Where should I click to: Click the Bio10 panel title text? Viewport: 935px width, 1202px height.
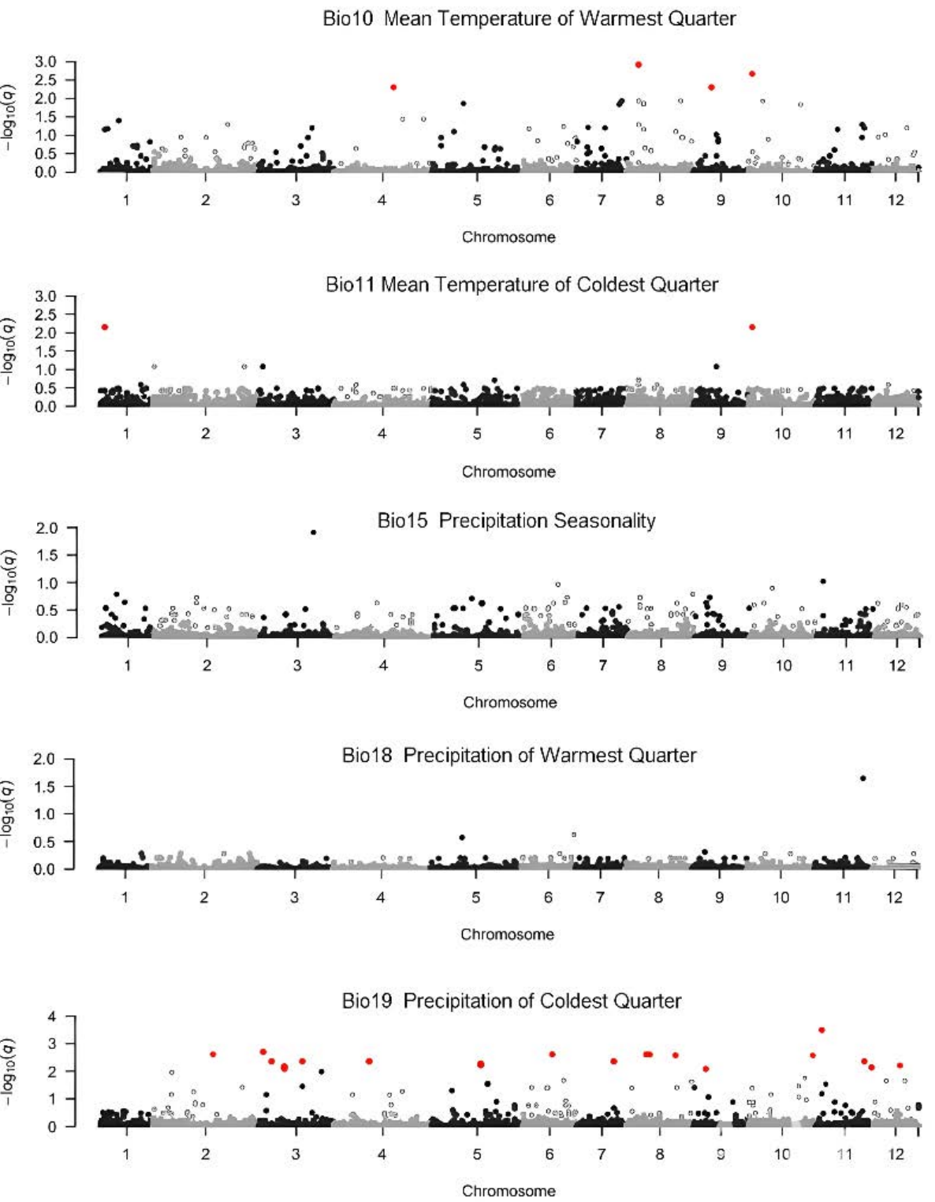tap(529, 18)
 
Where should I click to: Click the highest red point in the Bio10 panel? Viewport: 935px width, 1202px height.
tap(639, 65)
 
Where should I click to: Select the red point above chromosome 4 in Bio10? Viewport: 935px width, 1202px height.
tap(393, 88)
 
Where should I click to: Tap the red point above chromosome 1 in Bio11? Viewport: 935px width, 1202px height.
tap(104, 327)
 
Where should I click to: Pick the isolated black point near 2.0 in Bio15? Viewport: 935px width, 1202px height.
tap(314, 532)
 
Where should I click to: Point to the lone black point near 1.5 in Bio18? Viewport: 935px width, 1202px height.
tap(862, 778)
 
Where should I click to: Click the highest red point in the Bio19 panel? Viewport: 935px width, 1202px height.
tap(821, 1030)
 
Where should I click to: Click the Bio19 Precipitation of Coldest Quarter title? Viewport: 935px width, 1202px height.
tap(511, 1001)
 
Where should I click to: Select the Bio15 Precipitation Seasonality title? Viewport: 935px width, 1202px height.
tap(516, 521)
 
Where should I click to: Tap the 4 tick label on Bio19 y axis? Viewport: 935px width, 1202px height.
tap(52, 1017)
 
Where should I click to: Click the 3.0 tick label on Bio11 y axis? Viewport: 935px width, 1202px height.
tap(46, 297)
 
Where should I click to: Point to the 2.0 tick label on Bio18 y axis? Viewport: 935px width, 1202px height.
tap(46, 760)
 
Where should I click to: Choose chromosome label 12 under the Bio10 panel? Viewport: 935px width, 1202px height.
tap(896, 200)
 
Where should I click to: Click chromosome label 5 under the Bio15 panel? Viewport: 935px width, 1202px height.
tap(478, 666)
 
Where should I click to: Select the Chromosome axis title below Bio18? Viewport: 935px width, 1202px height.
tap(507, 934)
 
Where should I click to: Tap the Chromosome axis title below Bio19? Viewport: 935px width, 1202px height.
tap(508, 1190)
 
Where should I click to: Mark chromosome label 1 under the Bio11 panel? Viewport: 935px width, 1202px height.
tap(126, 433)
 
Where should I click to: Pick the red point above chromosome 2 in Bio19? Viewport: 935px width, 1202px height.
tap(213, 1054)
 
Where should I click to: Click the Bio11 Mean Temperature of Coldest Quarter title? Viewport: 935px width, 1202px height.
tap(522, 284)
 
